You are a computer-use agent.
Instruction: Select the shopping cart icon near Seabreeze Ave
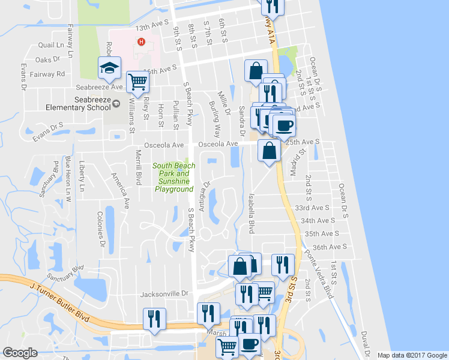[x=139, y=82]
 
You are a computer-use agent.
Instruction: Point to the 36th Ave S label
[x=330, y=247]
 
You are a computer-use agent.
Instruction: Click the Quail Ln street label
[x=51, y=44]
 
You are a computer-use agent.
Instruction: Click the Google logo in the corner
[x=21, y=353]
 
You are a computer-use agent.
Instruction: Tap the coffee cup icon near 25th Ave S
[x=284, y=126]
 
